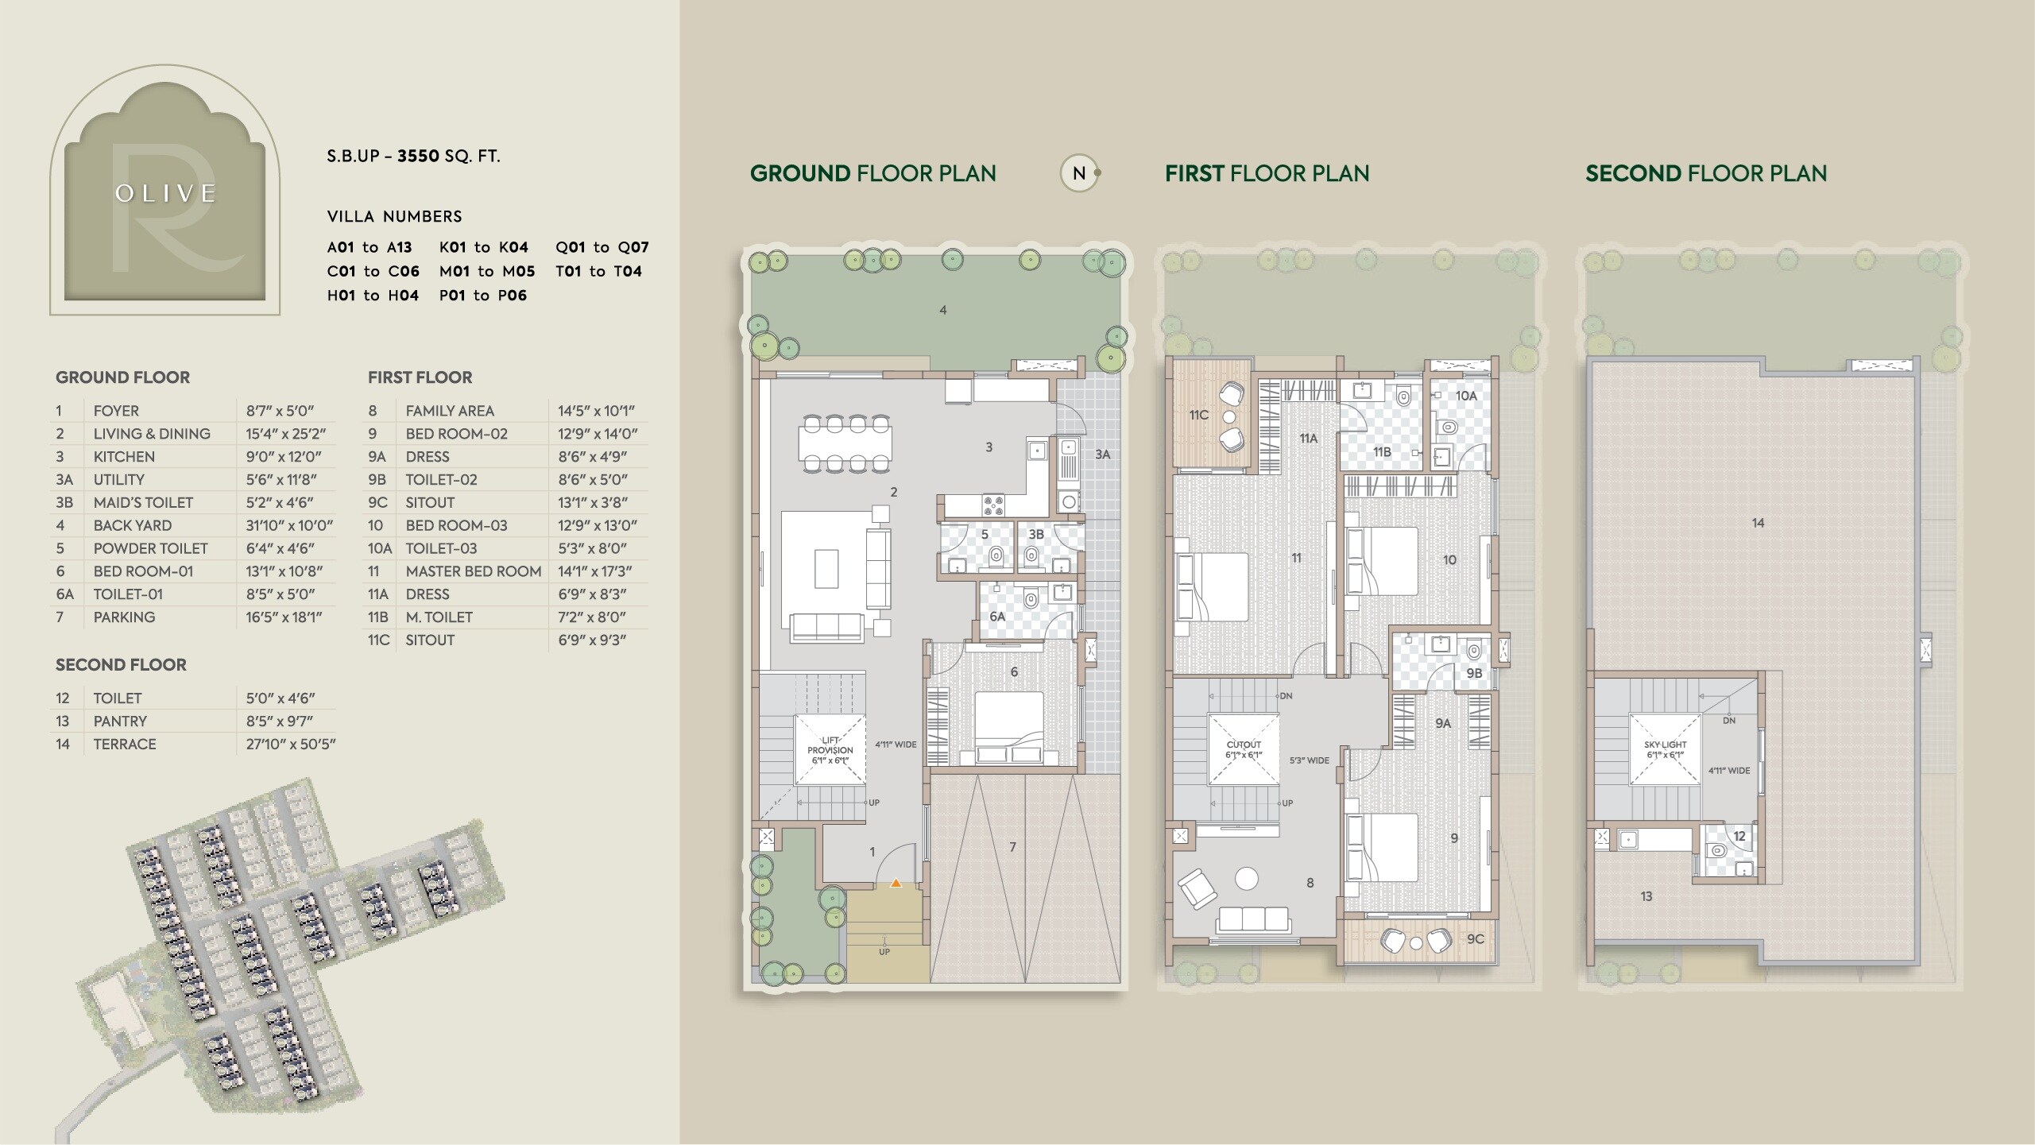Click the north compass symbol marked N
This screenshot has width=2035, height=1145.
point(1079,173)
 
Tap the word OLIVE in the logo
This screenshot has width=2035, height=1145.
point(166,194)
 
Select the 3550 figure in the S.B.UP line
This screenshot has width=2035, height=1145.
point(419,156)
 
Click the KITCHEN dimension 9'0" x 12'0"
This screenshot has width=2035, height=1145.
point(283,457)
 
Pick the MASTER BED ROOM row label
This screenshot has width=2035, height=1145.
point(473,571)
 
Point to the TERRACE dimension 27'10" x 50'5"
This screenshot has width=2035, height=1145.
point(291,745)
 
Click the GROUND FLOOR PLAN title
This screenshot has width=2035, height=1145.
point(872,173)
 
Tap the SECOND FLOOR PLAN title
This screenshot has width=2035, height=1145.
point(1706,173)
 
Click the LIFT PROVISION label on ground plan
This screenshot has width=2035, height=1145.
point(830,750)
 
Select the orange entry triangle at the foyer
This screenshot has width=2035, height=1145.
point(896,882)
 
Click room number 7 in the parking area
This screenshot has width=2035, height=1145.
point(1012,847)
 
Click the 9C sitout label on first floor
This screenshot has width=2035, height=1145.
point(1475,938)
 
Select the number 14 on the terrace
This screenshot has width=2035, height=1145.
point(1758,523)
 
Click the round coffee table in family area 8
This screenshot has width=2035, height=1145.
point(1247,878)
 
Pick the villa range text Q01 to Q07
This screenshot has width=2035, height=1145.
point(602,247)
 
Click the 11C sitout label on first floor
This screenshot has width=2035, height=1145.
point(1198,415)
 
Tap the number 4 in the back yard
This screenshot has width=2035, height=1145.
point(942,310)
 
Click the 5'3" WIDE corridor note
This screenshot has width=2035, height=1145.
point(1309,760)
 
